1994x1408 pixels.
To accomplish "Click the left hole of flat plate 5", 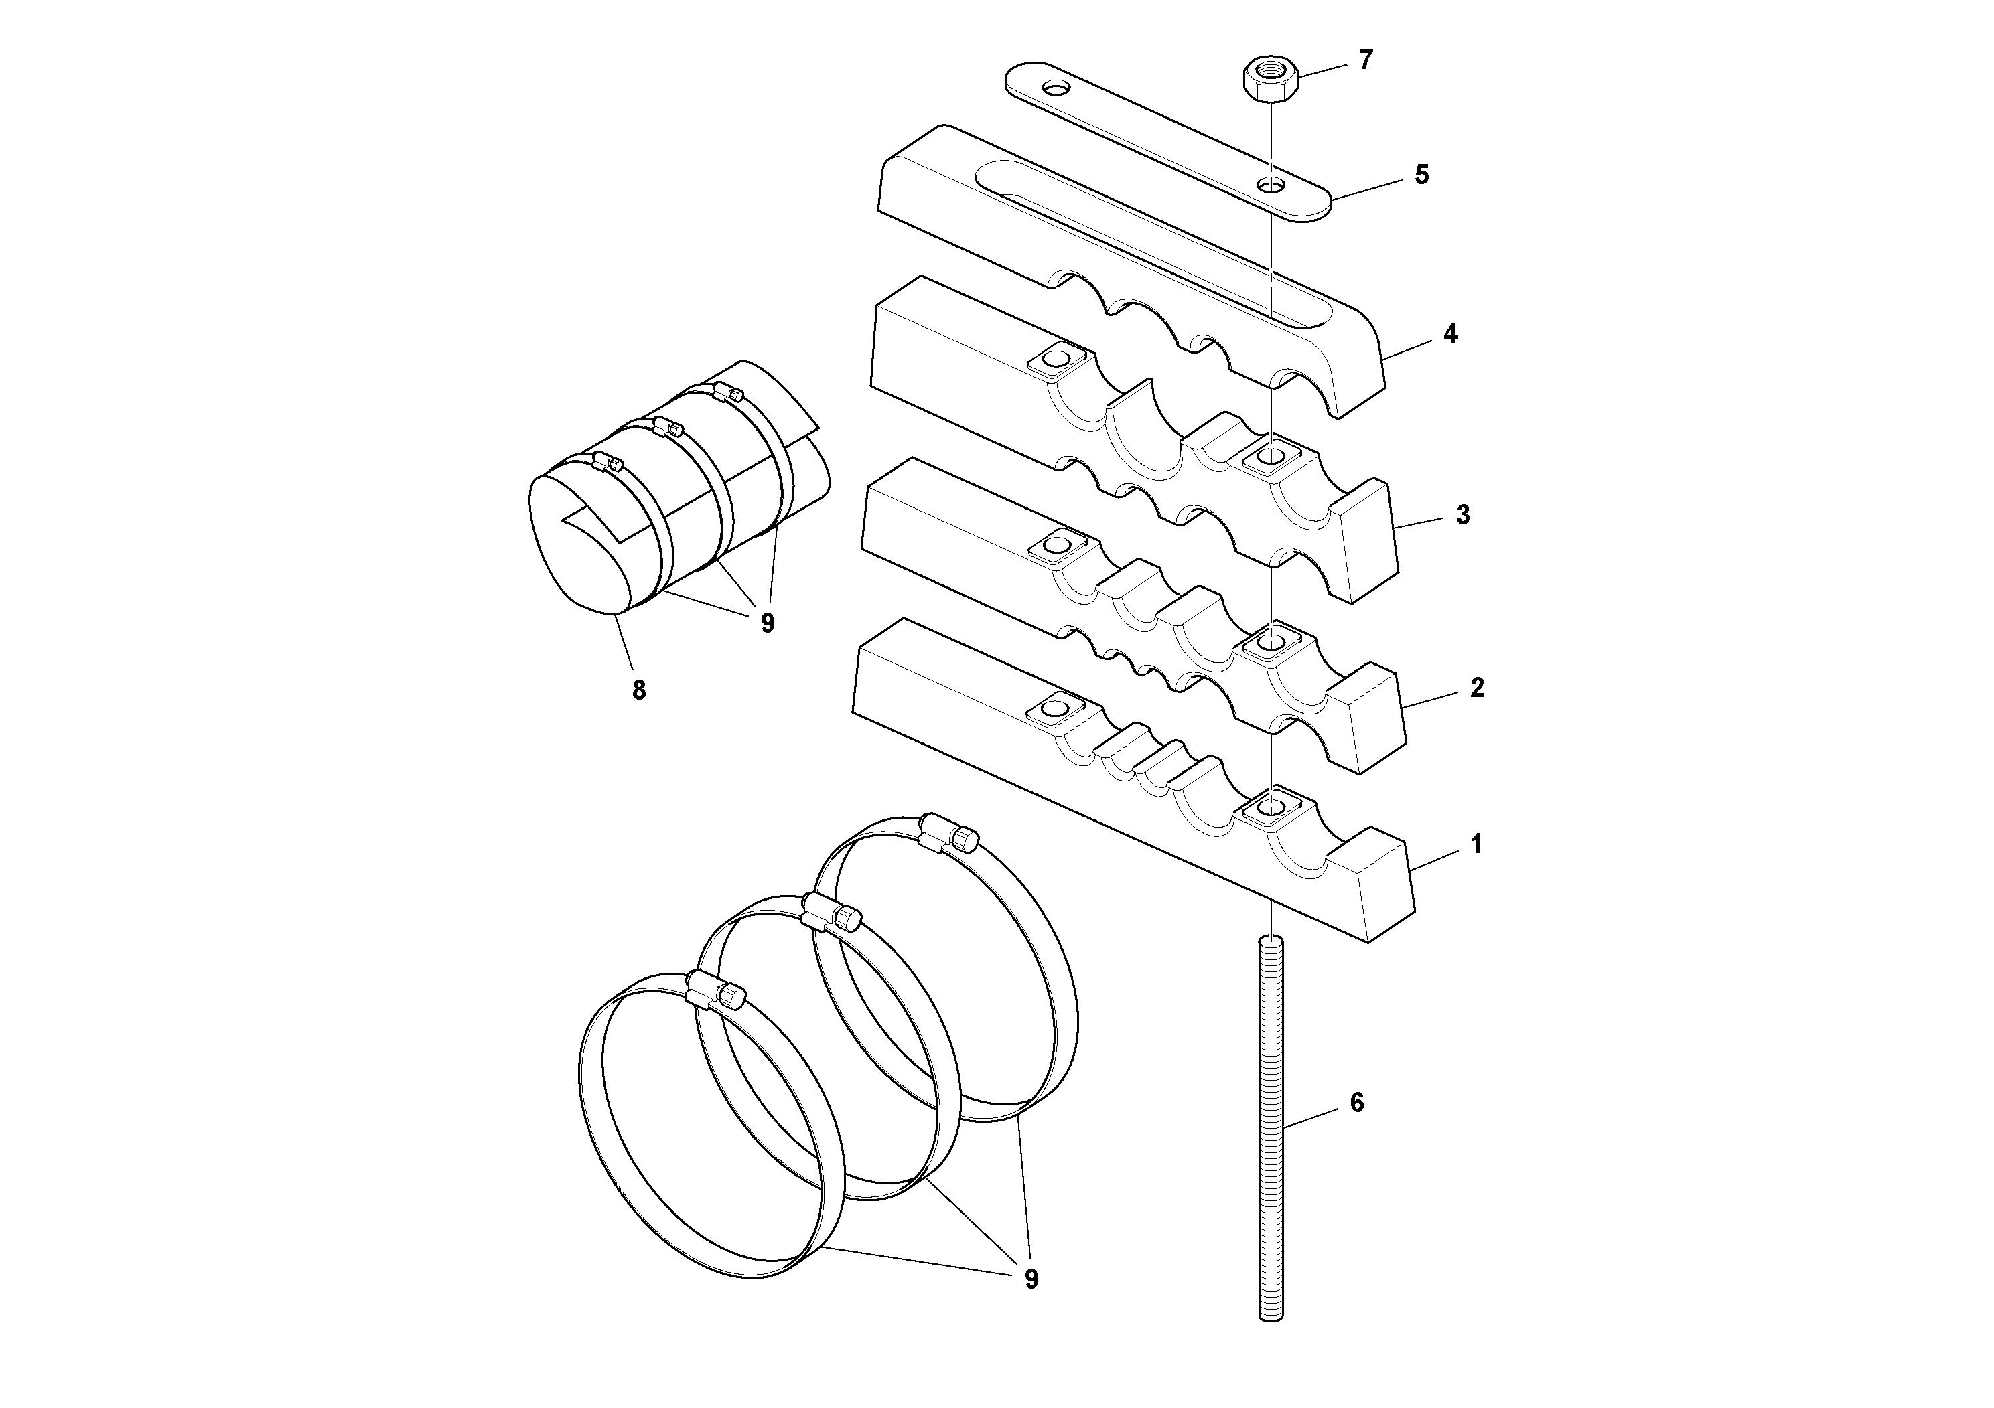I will pos(1056,88).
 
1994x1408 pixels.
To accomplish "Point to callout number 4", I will pos(1450,334).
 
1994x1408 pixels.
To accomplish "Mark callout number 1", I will pos(1476,844).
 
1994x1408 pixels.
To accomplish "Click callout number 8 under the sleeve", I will pos(638,691).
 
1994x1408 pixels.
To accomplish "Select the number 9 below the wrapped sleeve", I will pos(767,623).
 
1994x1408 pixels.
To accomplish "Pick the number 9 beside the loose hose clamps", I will pos(1031,1279).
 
